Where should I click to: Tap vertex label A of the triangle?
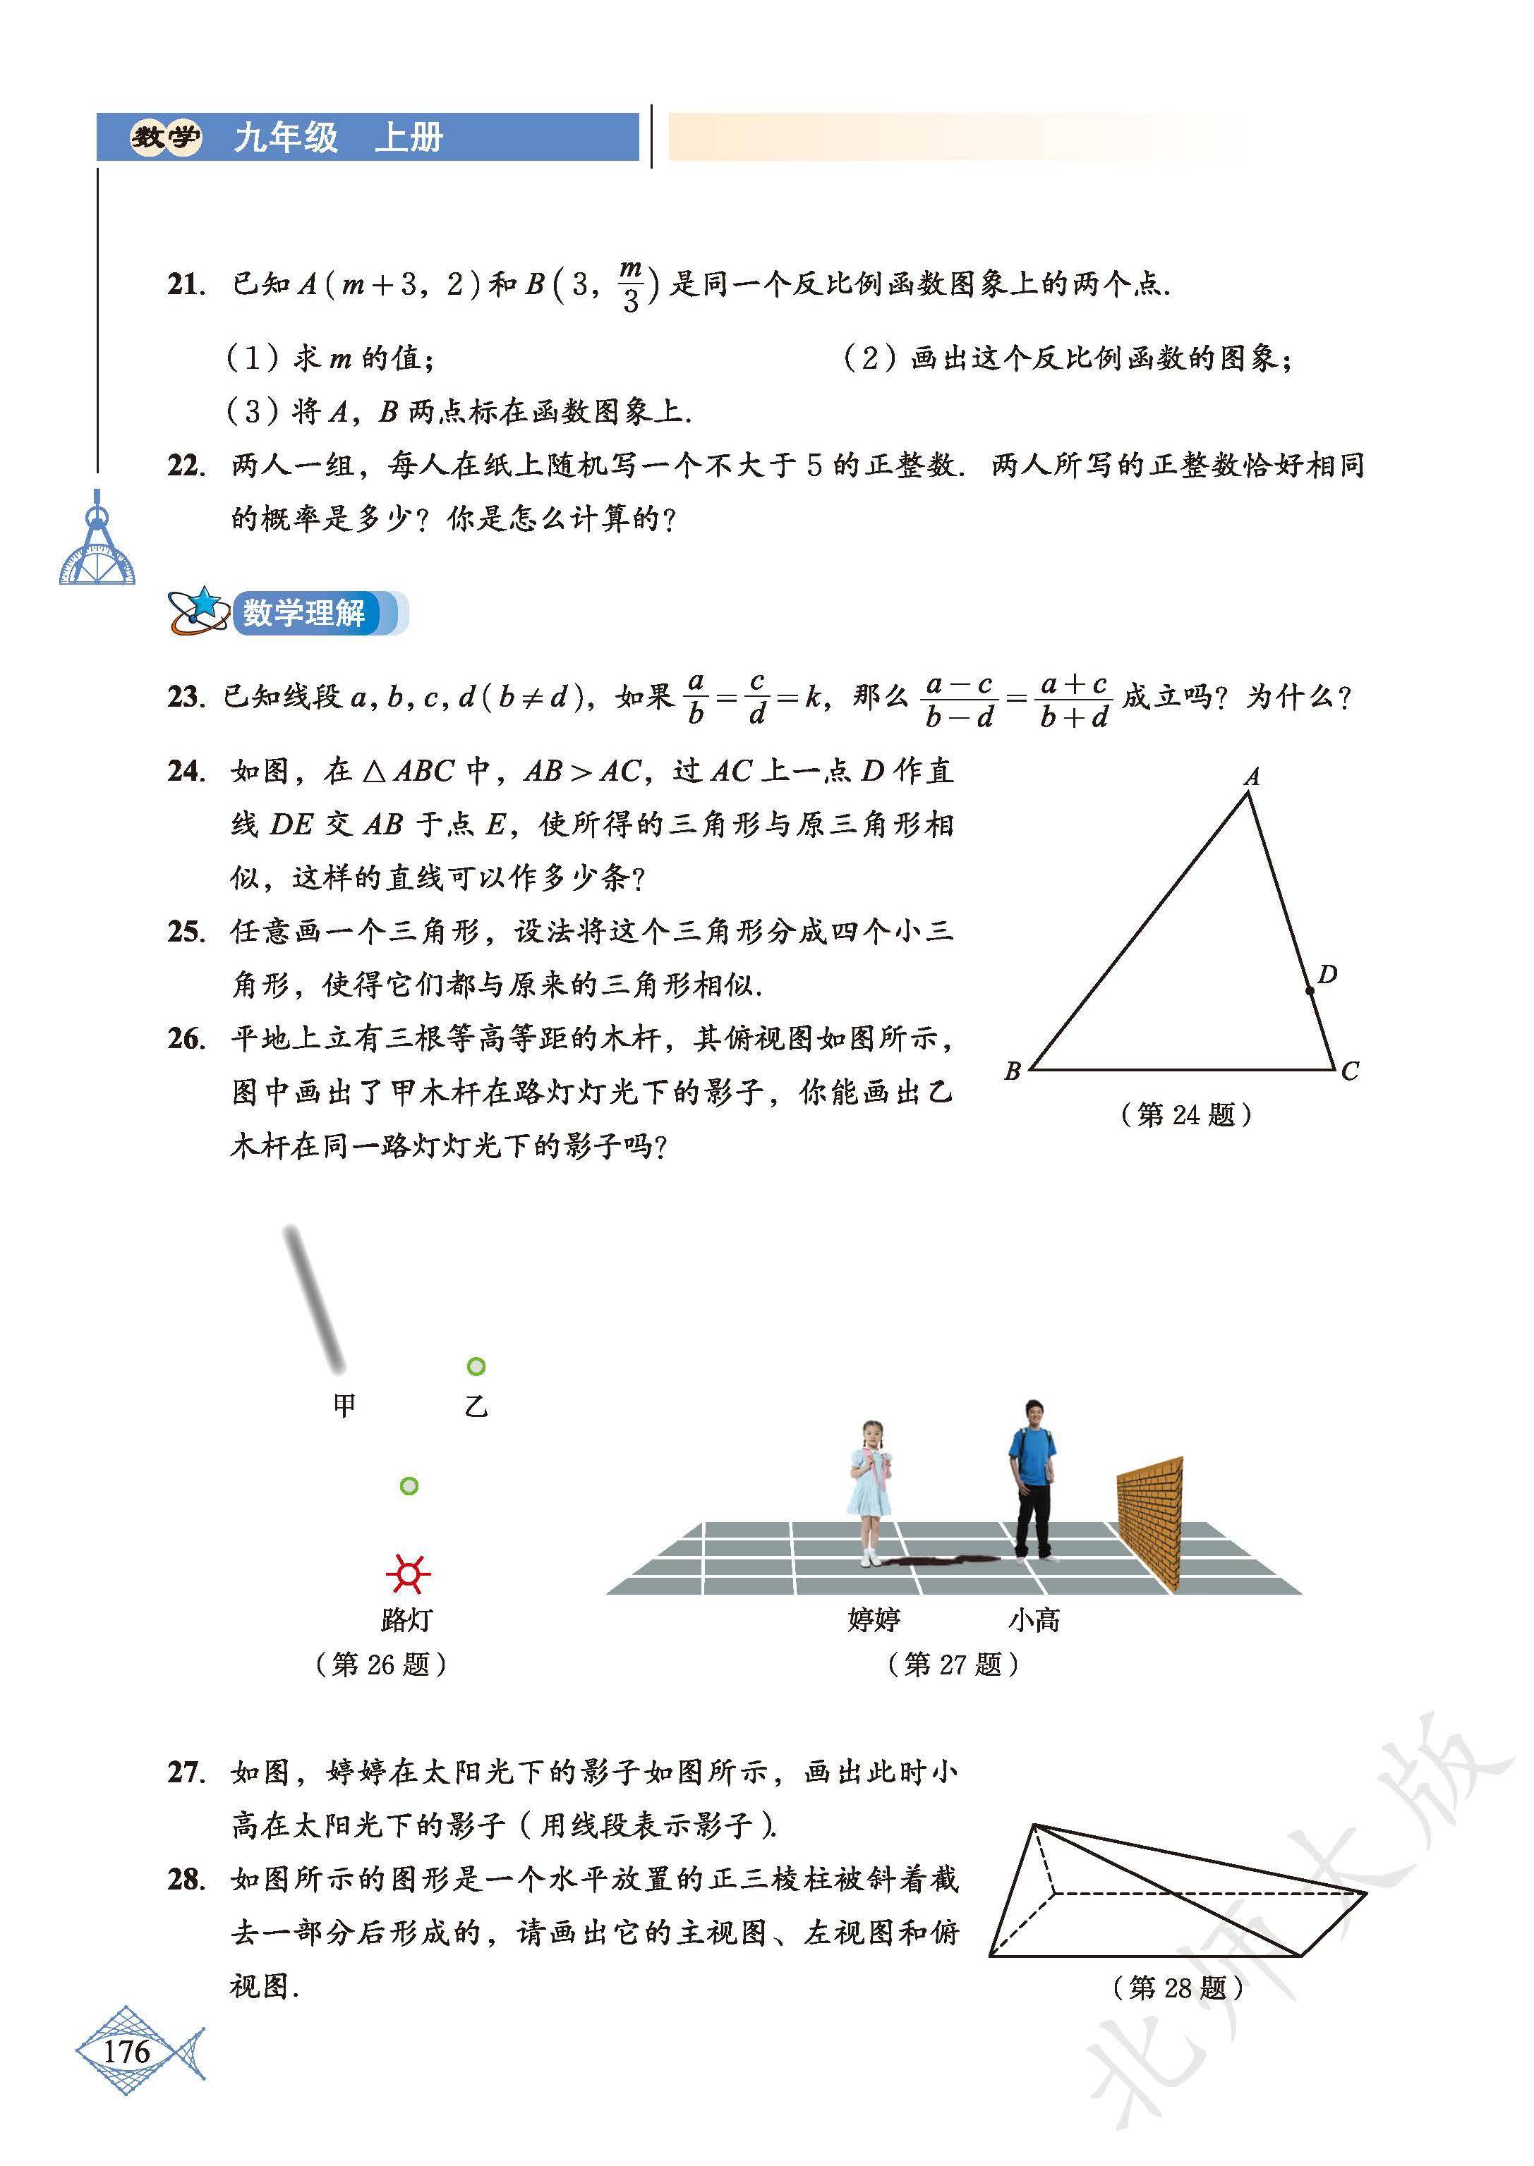click(x=1252, y=777)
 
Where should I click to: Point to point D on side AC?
click(x=1309, y=990)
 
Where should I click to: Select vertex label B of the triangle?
click(x=1012, y=1071)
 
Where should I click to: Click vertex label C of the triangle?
click(x=1350, y=1071)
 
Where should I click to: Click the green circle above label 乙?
click(x=476, y=1366)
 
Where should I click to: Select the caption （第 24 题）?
click(x=1186, y=1115)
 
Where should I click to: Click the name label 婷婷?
click(x=874, y=1620)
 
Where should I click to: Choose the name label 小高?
click(x=1034, y=1620)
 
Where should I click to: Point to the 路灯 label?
click(x=406, y=1620)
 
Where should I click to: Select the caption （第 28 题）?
click(x=1178, y=1988)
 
